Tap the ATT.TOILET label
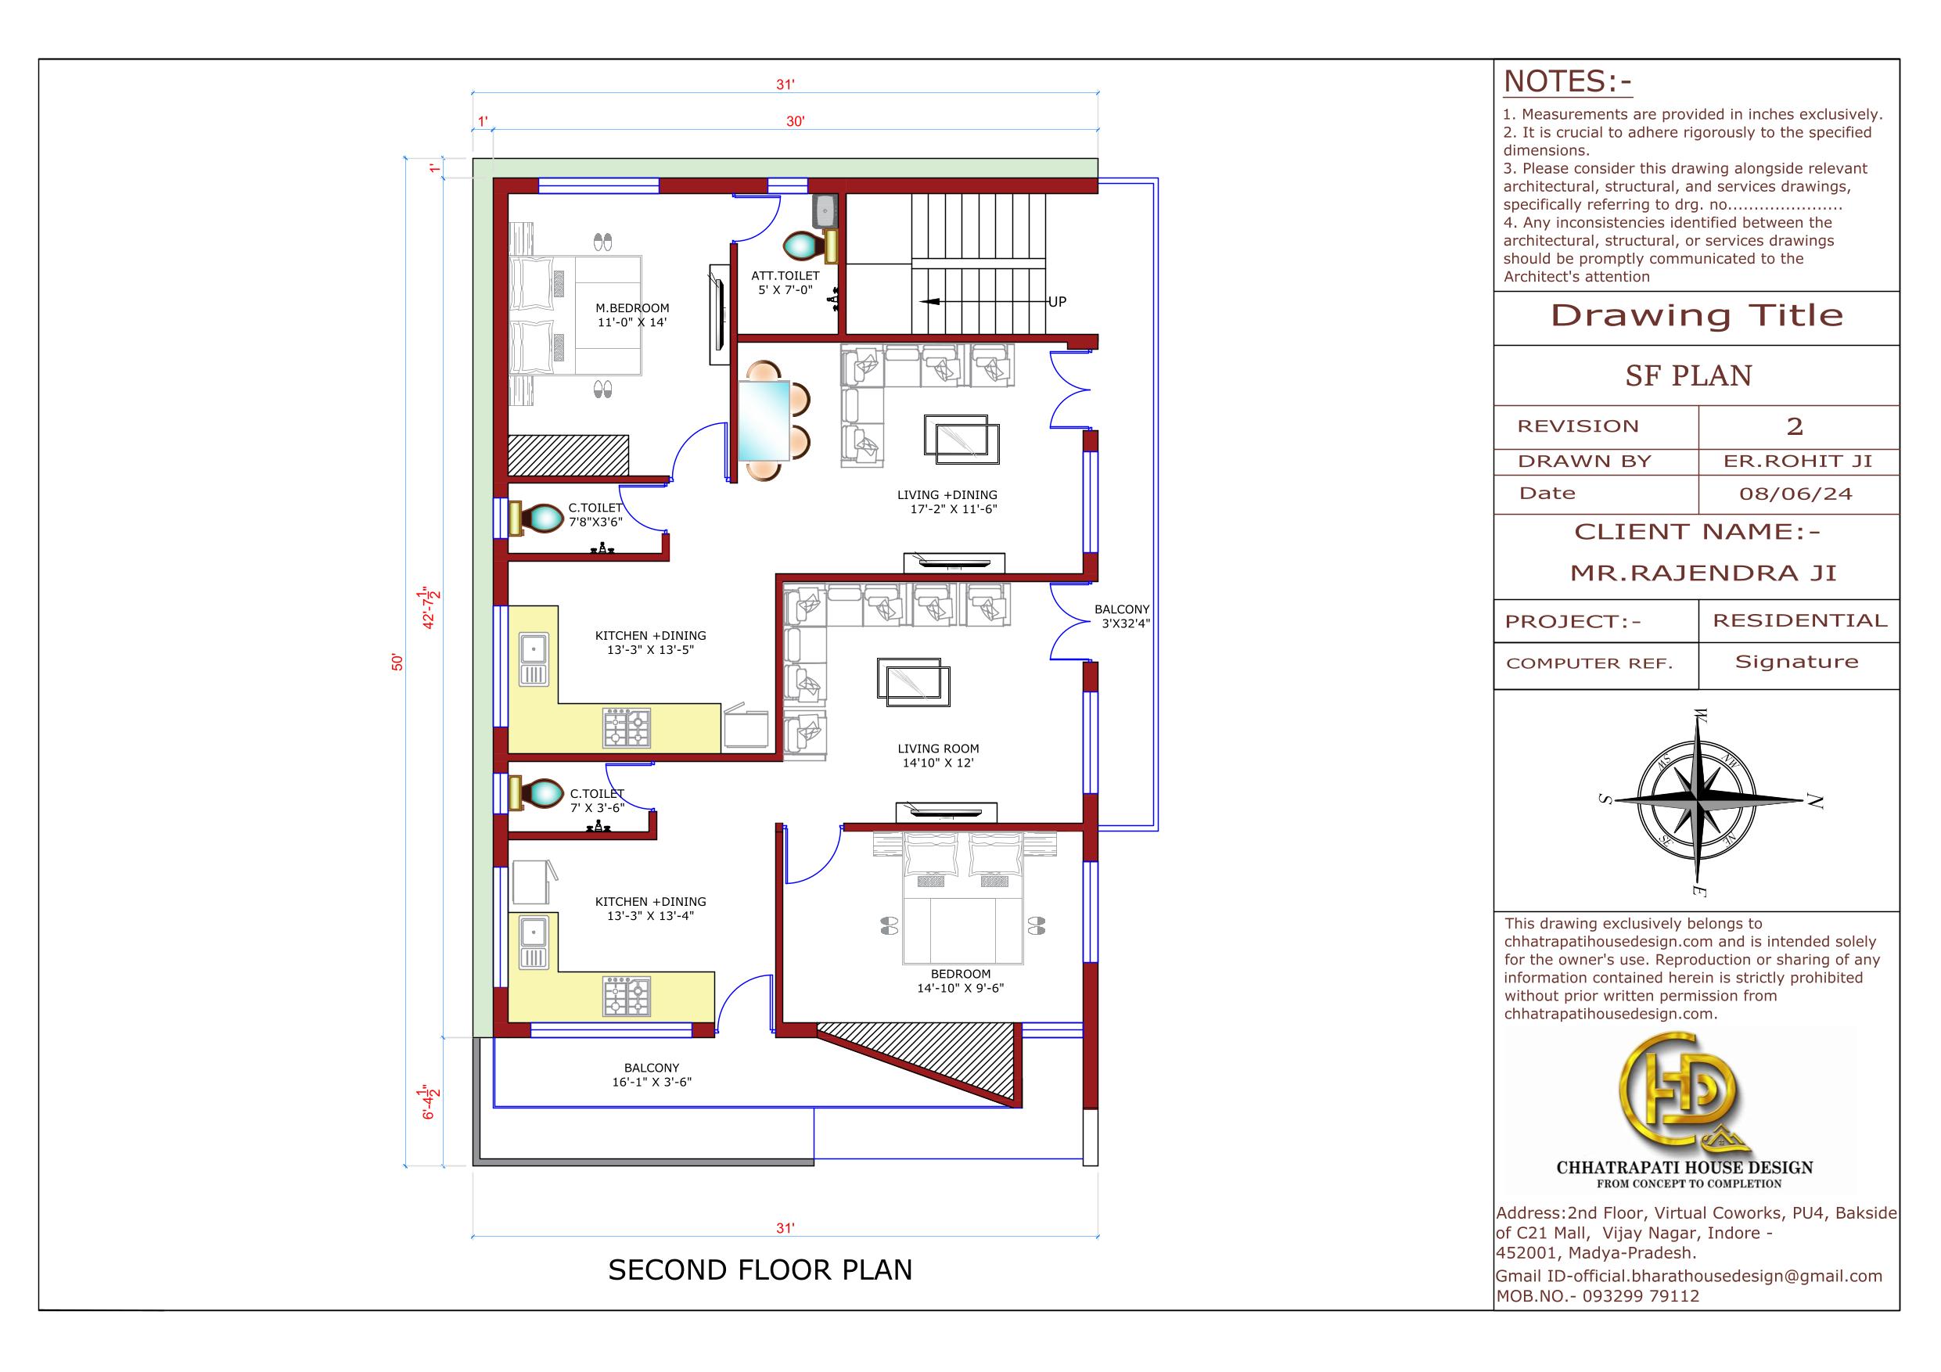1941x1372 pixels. coord(785,275)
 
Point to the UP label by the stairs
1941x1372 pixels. coord(1057,302)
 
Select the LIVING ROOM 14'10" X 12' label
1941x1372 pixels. coord(938,756)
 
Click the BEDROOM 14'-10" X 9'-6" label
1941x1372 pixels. coord(961,981)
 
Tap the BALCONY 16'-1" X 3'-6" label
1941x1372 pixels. coord(652,1075)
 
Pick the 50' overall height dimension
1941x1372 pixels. coord(397,662)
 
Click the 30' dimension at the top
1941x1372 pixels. coord(796,122)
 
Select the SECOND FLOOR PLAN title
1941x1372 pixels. coord(760,1270)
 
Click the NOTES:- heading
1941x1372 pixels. coord(1567,82)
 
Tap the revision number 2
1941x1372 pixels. coord(1795,426)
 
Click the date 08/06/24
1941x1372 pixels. coord(1795,494)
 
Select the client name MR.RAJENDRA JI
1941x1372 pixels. coord(1703,573)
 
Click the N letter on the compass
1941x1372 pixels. coord(1814,802)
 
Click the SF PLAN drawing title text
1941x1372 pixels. coord(1688,375)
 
